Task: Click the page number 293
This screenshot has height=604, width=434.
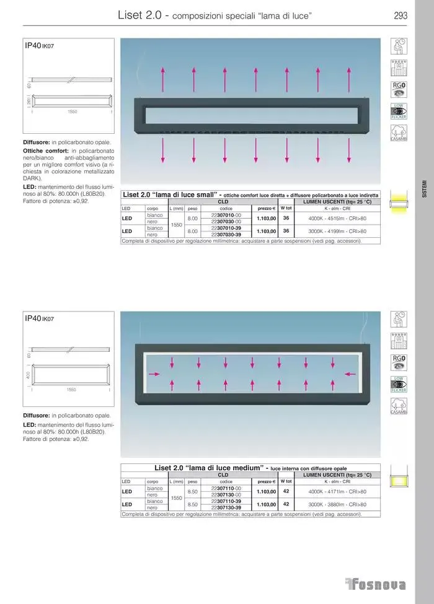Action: click(401, 16)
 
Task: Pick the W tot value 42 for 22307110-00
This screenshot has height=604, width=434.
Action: click(286, 491)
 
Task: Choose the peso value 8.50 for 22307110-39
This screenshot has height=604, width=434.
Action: click(192, 504)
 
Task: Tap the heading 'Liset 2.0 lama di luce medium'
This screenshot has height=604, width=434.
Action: click(210, 468)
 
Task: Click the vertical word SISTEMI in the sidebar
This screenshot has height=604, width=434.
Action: click(424, 188)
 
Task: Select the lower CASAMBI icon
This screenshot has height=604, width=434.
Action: click(399, 405)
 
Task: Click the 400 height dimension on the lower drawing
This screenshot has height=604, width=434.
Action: click(29, 375)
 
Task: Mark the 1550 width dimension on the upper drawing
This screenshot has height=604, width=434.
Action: click(72, 112)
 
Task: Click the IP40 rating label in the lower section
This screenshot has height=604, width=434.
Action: click(32, 318)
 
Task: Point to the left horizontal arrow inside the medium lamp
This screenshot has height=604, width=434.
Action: click(154, 374)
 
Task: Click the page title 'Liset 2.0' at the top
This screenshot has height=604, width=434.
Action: click(139, 15)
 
